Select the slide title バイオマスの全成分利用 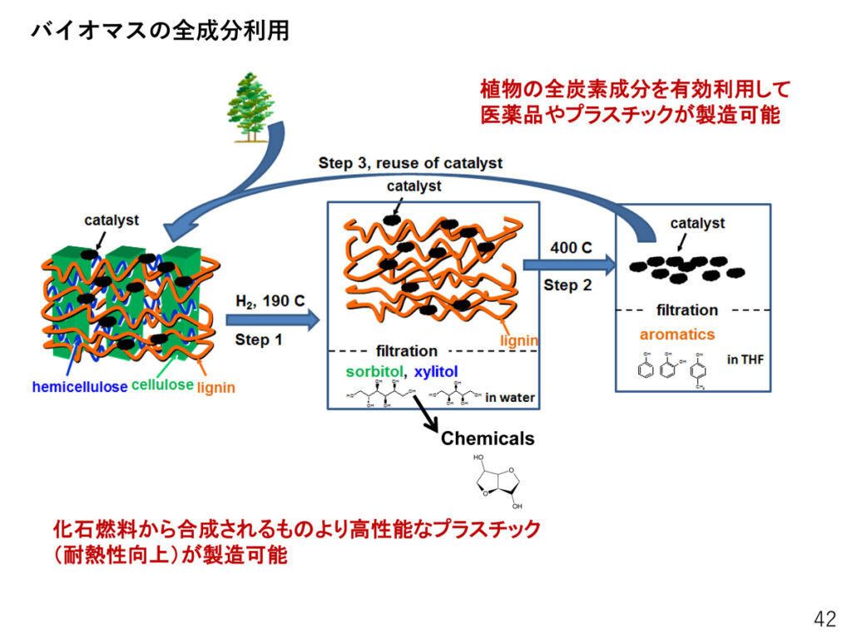click(x=160, y=31)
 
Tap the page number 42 click(x=825, y=619)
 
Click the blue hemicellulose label click(x=80, y=387)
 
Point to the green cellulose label click(x=162, y=386)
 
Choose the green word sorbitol click(x=369, y=370)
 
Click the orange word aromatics click(x=676, y=334)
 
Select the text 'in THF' click(x=745, y=359)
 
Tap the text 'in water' click(x=509, y=399)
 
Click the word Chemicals click(x=488, y=438)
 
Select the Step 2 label click(x=567, y=285)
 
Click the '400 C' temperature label click(x=570, y=248)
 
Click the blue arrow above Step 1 click(x=273, y=319)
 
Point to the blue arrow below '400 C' click(x=570, y=265)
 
